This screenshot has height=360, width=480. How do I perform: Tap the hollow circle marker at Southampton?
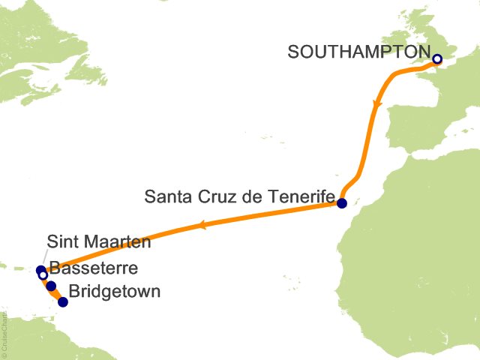(x=437, y=59)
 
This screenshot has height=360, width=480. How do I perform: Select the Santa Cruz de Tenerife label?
(x=239, y=197)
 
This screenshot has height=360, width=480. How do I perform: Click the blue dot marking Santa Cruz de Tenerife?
(x=342, y=203)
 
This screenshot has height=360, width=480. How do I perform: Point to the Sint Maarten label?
(x=98, y=242)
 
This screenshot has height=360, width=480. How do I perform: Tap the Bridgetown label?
(x=114, y=291)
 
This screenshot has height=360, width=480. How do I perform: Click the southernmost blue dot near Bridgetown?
(x=63, y=302)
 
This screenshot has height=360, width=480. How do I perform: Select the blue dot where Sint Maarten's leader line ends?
(x=40, y=270)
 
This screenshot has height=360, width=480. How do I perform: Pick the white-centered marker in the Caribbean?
(x=43, y=275)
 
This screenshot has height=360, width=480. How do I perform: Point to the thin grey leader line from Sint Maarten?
(x=43, y=258)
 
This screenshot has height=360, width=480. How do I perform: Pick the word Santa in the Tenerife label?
(x=167, y=197)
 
